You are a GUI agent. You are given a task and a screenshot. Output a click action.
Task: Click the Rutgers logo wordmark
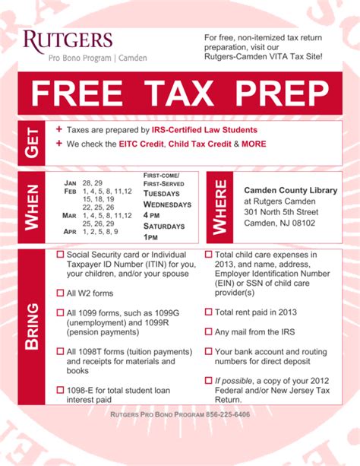68,40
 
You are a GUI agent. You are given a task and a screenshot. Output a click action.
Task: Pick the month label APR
71,231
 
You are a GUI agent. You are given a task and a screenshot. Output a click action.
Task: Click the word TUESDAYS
162,193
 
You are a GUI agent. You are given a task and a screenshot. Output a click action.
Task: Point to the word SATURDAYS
165,227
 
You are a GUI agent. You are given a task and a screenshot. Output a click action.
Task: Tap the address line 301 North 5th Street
281,211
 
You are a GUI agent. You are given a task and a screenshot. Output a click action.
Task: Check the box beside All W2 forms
60,293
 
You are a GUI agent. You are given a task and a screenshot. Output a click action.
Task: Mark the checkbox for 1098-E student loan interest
60,390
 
